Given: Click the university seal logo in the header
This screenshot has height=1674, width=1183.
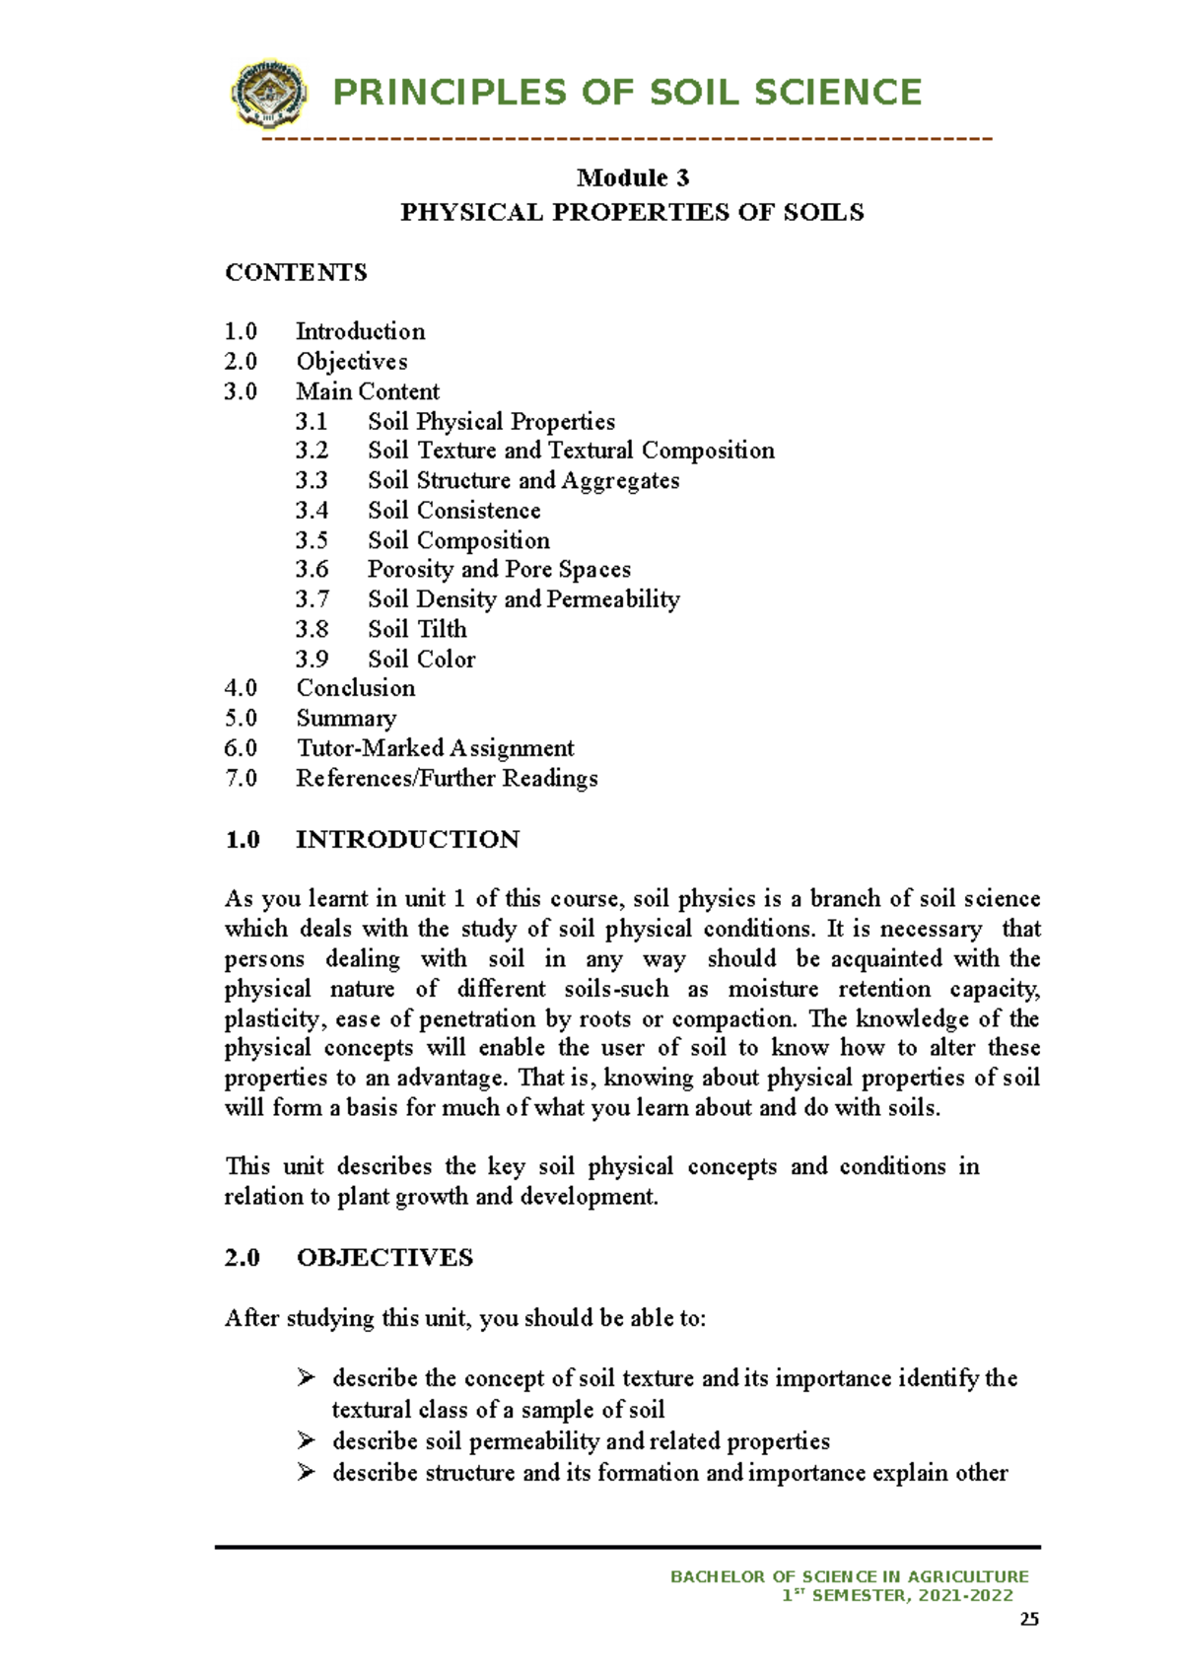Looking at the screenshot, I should pos(268,94).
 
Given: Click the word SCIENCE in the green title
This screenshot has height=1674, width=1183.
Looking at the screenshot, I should pos(837,93).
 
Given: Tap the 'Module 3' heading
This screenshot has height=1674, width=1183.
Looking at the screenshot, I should pos(632,177).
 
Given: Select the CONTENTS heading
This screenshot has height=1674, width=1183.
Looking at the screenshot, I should pos(296,273).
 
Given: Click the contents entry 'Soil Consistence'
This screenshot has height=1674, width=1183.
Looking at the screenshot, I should pos(453,511).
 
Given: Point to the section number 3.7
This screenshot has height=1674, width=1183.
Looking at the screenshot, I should pos(312,599).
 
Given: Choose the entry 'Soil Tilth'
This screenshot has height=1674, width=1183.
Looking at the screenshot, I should pos(417,629).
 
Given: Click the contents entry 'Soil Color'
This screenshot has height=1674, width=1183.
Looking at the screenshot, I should pos(421,660).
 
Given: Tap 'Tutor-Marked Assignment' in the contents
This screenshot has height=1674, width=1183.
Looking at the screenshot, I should pos(435,748).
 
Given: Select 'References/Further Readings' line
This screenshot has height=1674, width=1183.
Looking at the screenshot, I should pos(447,779).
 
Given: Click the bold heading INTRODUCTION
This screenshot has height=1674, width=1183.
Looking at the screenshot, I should pos(407,840).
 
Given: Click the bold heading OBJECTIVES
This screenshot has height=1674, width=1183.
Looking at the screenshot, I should pos(384,1258).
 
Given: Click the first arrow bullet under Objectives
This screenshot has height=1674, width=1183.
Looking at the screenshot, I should pos(306,1377).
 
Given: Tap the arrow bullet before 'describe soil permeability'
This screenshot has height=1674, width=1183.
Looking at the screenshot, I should pos(306,1440).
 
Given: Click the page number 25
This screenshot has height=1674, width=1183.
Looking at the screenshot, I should pos(1029,1620).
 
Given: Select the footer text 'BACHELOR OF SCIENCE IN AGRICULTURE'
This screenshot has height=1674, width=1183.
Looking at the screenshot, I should pos(849,1577).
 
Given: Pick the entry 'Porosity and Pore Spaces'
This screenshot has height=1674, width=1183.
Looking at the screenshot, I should pos(499,570).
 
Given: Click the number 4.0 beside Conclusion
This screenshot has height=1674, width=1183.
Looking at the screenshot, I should pos(241,688).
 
